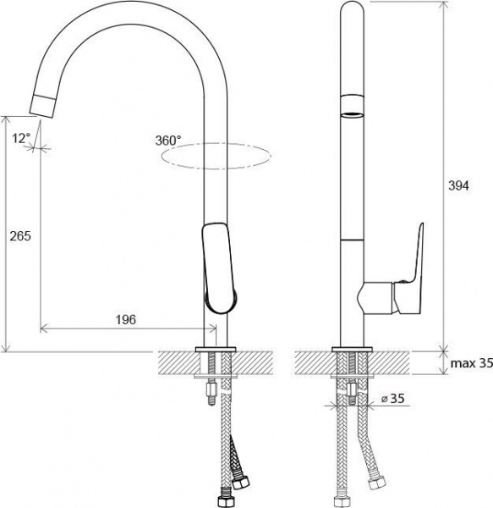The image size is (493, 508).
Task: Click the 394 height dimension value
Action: click(458, 186)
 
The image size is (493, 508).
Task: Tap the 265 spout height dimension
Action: click(20, 236)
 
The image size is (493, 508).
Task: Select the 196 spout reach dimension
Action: click(126, 320)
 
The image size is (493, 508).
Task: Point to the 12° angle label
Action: click(21, 139)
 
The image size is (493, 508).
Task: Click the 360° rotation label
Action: click(168, 141)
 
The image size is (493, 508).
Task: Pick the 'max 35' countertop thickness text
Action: click(472, 363)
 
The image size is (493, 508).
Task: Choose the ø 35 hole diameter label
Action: click(393, 398)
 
